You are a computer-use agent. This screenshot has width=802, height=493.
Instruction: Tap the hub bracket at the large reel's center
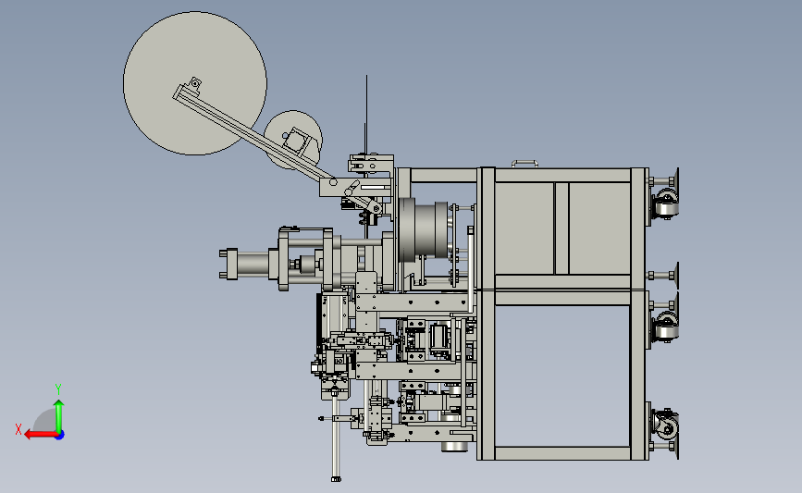click(x=195, y=83)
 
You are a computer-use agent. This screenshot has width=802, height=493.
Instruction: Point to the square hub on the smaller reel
click(x=294, y=139)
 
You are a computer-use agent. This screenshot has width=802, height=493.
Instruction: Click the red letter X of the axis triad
click(x=19, y=429)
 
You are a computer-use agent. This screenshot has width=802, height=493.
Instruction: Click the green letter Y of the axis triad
click(x=58, y=388)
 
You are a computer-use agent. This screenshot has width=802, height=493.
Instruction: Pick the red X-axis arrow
click(x=41, y=435)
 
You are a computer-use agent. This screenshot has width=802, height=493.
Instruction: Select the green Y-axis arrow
click(x=59, y=416)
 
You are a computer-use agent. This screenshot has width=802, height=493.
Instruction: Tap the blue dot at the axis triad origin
click(x=60, y=436)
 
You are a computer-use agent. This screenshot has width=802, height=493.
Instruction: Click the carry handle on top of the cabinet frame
click(x=524, y=163)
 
